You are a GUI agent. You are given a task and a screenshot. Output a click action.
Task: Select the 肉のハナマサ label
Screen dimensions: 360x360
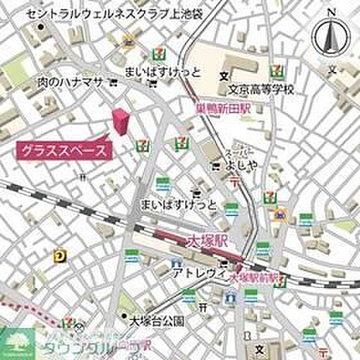(x=69, y=82)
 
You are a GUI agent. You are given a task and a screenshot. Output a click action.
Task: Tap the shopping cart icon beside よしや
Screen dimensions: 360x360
(x=216, y=165)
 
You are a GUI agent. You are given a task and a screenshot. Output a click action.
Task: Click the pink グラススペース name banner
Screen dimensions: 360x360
(x=63, y=149)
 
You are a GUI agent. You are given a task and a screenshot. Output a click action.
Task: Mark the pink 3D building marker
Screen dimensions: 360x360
(x=120, y=121)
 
